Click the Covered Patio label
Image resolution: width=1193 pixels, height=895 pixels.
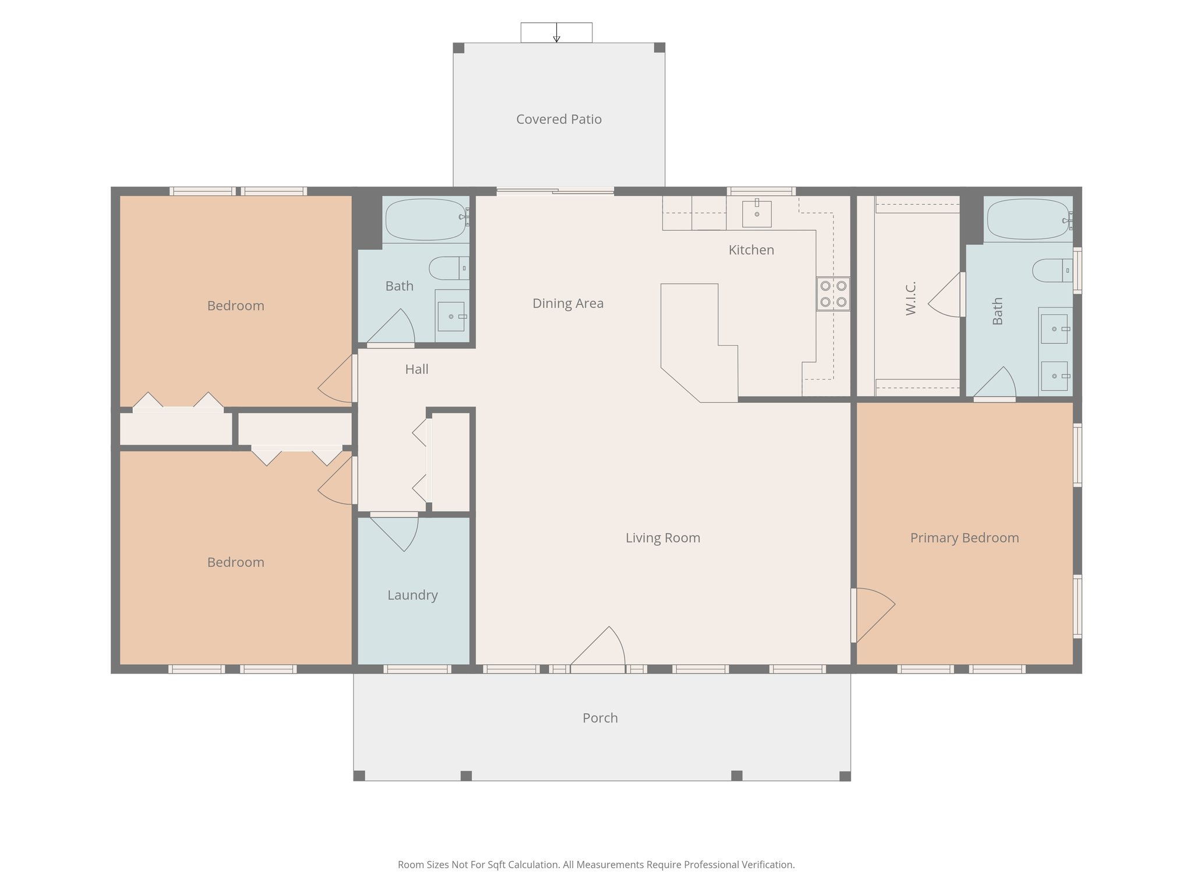559,119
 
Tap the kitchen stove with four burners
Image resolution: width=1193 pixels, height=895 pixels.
833,294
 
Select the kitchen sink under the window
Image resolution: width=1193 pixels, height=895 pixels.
757,214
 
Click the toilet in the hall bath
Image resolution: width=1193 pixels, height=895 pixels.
449,268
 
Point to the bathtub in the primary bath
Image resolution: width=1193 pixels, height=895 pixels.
1028,220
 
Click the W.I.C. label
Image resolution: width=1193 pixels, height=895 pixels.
911,298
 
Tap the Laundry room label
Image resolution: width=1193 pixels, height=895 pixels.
412,595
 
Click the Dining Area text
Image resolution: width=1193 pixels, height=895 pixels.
568,304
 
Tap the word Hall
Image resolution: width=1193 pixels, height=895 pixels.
417,369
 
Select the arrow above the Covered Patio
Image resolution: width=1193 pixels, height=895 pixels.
556,33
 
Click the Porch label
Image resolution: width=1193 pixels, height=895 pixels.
600,718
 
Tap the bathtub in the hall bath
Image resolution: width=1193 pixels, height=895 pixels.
427,220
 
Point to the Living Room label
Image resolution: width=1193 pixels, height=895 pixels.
663,538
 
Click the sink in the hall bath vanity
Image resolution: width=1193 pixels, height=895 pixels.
451,316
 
